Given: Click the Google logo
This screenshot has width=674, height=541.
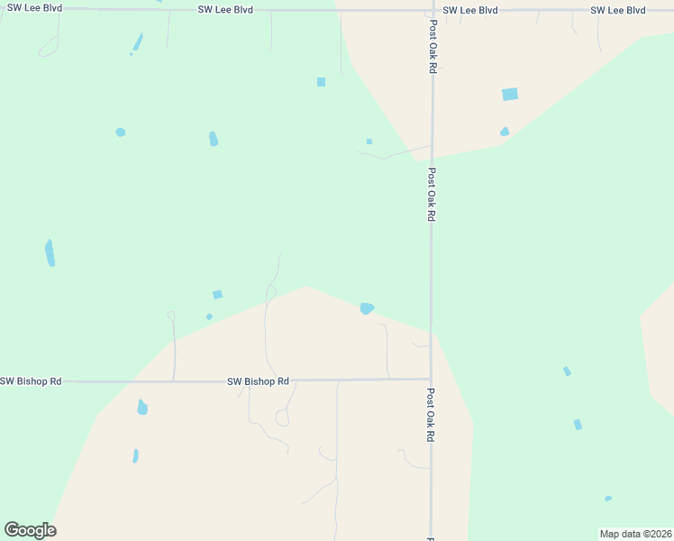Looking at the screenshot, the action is tap(31, 530).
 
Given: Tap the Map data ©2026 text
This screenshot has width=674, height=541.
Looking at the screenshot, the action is tap(635, 534).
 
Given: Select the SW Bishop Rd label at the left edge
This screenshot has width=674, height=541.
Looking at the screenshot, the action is tap(31, 381).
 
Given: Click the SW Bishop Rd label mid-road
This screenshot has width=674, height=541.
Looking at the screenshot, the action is tap(258, 381).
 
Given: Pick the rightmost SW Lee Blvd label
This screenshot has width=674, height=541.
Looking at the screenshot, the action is tap(618, 10).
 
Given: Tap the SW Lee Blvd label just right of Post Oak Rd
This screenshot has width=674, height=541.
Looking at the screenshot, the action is tap(470, 10).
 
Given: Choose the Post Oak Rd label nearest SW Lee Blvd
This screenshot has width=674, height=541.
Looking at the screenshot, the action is tap(433, 47).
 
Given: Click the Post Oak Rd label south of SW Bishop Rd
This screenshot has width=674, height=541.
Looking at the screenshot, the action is tap(432, 415).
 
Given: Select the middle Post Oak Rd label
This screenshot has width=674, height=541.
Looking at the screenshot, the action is tap(433, 195).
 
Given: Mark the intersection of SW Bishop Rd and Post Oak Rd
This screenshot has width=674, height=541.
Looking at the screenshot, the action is tap(432, 380).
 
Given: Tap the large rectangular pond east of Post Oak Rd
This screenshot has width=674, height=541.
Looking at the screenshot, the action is tap(510, 94).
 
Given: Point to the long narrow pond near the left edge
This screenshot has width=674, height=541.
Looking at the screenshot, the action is tap(50, 252).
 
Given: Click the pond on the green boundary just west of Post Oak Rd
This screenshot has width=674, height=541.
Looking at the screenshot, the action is tap(367, 308).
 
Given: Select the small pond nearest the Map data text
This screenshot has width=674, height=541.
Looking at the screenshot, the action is tap(608, 499).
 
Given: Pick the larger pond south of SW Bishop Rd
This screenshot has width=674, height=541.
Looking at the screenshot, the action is tap(142, 408).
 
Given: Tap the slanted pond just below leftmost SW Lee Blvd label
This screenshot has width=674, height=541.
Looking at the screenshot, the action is tap(138, 41).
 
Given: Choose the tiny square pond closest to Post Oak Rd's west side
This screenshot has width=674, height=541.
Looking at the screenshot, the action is tap(369, 142).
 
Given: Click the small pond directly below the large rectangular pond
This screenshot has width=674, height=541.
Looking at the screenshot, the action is tap(505, 132).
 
